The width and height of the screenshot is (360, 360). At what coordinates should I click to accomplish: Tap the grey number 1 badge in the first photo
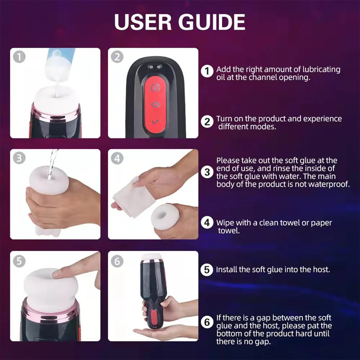click(18, 57)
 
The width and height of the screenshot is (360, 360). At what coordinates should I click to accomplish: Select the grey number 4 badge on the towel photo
click(117, 158)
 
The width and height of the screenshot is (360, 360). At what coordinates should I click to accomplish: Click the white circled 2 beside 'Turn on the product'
click(207, 121)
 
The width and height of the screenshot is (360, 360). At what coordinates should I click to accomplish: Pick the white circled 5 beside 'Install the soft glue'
click(207, 270)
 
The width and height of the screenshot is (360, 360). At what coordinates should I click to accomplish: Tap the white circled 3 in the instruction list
click(207, 171)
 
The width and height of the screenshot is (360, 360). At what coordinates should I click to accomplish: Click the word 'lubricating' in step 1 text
click(319, 70)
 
